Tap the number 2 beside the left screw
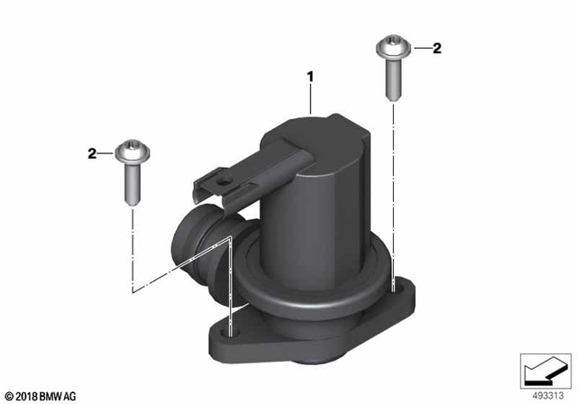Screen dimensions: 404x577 point(92,155)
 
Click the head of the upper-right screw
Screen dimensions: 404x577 point(391,44)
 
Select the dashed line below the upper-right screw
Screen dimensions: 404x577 point(394,180)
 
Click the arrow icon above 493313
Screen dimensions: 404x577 point(545,369)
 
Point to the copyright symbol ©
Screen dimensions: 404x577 point(7,396)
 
